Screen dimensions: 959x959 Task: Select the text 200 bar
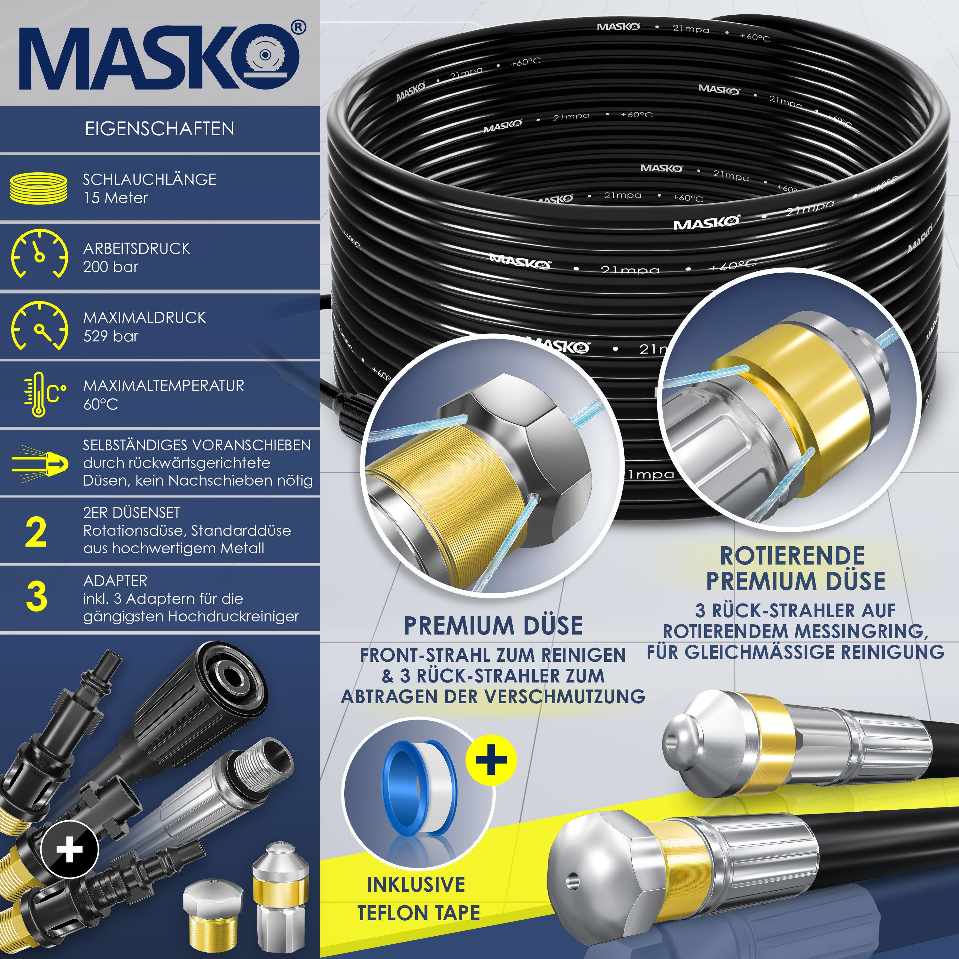coord(111,267)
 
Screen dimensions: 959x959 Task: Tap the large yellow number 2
coord(36,533)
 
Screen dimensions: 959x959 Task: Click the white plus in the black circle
coord(69,851)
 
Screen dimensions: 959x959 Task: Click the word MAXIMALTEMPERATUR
coord(163,386)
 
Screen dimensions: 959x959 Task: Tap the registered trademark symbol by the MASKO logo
coord(298,27)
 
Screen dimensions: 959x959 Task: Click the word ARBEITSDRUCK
coord(136,249)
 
